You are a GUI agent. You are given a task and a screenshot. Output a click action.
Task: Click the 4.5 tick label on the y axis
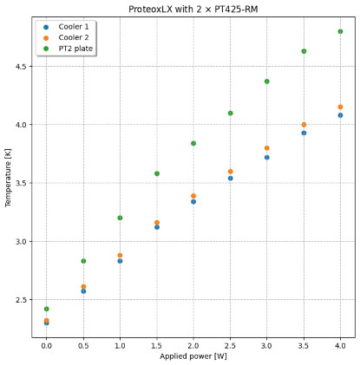[x=23, y=66]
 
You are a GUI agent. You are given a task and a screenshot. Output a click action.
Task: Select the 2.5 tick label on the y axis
[x=23, y=300]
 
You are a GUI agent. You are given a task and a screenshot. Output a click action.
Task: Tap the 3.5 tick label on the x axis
[x=304, y=344]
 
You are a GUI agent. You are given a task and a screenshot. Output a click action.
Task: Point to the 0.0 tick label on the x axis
[x=46, y=344]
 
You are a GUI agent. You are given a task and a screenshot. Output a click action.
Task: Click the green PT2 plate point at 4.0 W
[x=340, y=31]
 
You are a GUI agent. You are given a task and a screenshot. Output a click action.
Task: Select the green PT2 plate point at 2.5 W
[x=230, y=113]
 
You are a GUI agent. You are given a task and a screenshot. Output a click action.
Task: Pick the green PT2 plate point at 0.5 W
[x=83, y=261]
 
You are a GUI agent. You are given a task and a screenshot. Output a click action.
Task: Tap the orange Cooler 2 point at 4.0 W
[x=340, y=107]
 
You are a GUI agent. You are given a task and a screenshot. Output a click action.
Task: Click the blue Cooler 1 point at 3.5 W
[x=304, y=133]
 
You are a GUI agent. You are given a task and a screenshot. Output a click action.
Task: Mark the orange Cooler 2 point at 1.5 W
[x=157, y=223]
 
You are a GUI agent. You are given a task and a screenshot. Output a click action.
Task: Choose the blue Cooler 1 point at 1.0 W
[x=120, y=261]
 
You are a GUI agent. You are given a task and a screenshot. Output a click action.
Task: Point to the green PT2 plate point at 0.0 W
[x=46, y=309]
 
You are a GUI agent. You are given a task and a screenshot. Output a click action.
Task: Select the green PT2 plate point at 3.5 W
[x=304, y=51]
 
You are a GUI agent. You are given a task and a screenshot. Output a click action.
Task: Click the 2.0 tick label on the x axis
[x=193, y=344]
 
